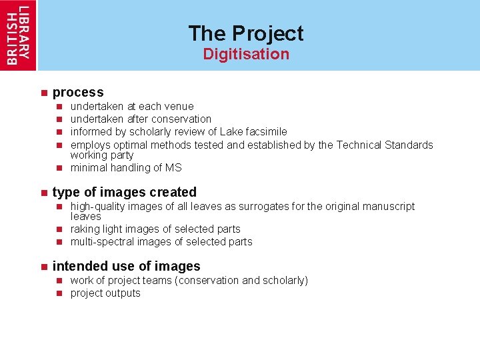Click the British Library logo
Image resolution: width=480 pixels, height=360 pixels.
[x=19, y=35]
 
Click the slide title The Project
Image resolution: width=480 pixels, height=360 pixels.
[x=245, y=33]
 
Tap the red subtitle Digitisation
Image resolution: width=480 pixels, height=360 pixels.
[x=246, y=54]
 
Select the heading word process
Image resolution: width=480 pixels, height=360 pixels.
[x=78, y=92]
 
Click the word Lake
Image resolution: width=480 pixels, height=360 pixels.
[x=232, y=131]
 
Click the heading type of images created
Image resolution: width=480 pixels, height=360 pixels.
[x=124, y=192]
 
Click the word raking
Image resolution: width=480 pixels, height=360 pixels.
[x=85, y=229]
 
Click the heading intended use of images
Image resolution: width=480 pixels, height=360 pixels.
[x=126, y=266]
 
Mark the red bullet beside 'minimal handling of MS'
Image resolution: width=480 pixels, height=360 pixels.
[x=59, y=167]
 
